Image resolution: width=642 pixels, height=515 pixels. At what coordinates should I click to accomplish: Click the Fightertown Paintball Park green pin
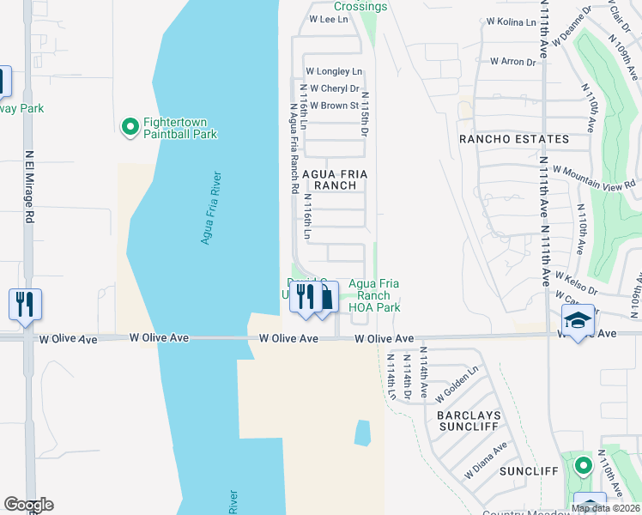point(130,127)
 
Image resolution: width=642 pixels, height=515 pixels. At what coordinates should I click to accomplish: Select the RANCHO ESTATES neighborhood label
point(513,139)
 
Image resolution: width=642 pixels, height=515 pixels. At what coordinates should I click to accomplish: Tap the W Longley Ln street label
point(334,71)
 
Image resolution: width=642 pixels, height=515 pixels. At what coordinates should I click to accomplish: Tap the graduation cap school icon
point(578,321)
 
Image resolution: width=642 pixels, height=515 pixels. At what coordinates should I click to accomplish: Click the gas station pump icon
point(325,298)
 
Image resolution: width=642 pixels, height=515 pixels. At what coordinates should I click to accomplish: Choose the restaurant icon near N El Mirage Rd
point(25,304)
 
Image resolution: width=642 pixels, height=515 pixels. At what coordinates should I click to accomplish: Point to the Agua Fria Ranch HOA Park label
point(373,295)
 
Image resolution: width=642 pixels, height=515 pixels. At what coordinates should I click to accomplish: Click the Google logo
point(28,505)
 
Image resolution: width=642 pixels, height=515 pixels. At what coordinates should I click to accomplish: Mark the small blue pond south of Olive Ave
point(362,433)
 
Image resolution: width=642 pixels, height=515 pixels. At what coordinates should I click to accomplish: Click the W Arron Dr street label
point(512,62)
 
